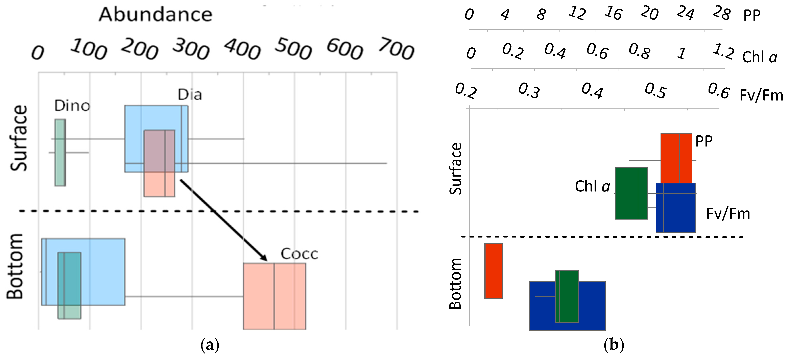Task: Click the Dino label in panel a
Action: pos(72,106)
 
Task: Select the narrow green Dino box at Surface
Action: pos(60,153)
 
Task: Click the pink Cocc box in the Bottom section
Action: pos(274,296)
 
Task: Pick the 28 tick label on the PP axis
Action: pos(721,14)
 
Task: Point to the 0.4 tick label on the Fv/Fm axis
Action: pos(592,91)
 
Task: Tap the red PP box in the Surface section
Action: pos(676,158)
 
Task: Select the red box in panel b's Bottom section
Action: pos(493,271)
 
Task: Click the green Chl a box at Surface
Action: pos(631,193)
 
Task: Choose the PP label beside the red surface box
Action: pos(704,141)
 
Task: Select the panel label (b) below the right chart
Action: pos(614,345)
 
